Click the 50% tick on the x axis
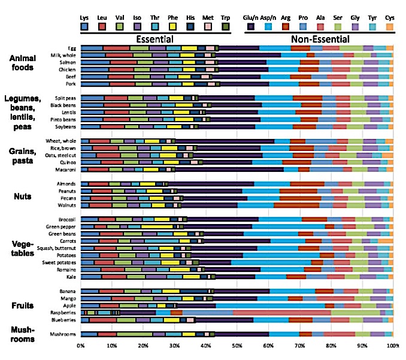click(x=237, y=346)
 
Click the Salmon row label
click(x=67, y=62)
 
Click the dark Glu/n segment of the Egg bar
click(x=239, y=47)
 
